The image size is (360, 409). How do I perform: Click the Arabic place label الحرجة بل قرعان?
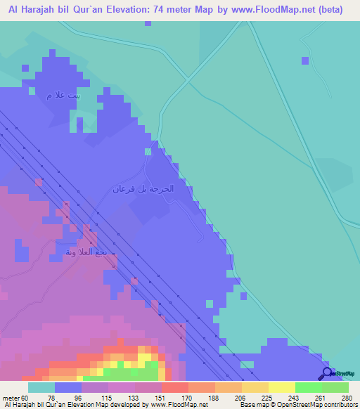[x=143, y=190]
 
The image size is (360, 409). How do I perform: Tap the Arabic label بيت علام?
[x=60, y=96]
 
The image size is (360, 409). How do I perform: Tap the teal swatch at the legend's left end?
[x=41, y=387]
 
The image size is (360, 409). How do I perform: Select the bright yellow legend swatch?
[x=281, y=387]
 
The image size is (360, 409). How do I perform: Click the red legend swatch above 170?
[x=174, y=387]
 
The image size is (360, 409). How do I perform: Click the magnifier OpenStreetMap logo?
[x=328, y=374]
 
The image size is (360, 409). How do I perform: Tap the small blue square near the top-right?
[x=305, y=60]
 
